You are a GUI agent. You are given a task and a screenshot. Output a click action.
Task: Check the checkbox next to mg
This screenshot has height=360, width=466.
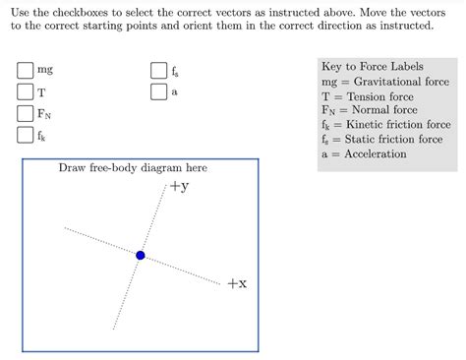point(25,71)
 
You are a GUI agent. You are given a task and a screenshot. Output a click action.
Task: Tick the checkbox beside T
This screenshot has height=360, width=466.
point(25,92)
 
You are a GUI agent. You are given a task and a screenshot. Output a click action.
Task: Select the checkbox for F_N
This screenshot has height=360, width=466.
point(25,114)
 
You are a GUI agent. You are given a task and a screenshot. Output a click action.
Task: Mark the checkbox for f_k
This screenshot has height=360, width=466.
point(25,136)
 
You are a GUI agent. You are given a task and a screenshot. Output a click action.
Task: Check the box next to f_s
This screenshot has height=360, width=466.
point(158,71)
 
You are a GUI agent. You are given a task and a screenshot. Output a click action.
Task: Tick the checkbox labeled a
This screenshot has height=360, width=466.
point(158,92)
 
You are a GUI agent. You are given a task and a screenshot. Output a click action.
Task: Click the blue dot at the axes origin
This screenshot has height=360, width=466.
point(141,256)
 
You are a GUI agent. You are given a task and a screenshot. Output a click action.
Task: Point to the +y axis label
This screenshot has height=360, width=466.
point(178,186)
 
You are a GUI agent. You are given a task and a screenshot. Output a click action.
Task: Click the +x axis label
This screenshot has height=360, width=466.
point(236,283)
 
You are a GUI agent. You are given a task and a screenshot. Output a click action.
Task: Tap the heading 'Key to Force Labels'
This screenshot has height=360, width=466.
point(372,66)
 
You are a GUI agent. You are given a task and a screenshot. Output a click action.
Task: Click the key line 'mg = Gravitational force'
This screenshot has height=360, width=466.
point(384,82)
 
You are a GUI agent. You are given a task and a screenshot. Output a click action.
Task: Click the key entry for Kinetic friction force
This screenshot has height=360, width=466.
point(385,126)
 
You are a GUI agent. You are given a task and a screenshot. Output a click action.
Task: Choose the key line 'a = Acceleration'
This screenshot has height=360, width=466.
point(363,154)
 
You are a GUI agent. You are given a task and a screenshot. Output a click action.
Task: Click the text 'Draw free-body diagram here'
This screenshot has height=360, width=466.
point(133,168)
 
